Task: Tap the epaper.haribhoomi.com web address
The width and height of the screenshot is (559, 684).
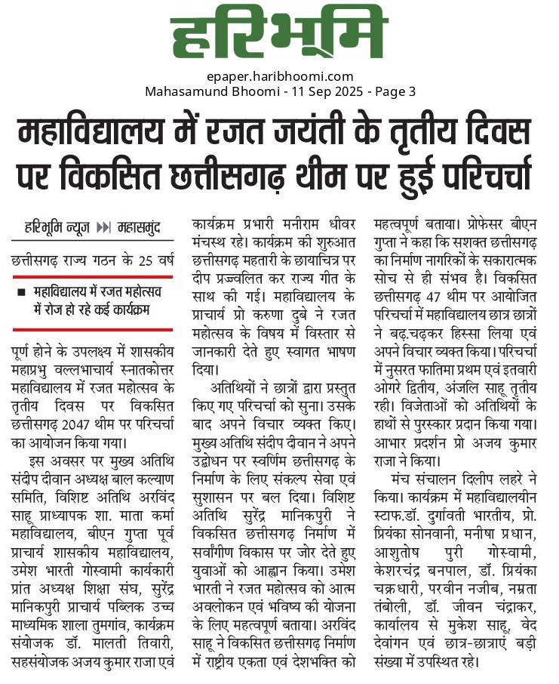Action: (279, 76)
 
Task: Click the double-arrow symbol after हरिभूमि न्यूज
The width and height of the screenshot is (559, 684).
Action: (105, 227)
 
